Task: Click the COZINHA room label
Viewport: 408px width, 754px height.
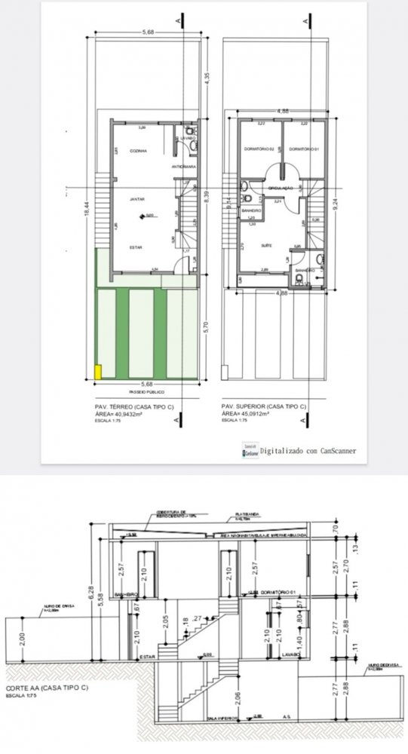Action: point(137,151)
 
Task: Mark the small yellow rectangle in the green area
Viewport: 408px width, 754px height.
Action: point(98,372)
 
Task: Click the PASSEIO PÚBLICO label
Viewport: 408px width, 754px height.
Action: point(147,393)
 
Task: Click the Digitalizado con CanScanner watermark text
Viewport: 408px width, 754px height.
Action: point(309,450)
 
